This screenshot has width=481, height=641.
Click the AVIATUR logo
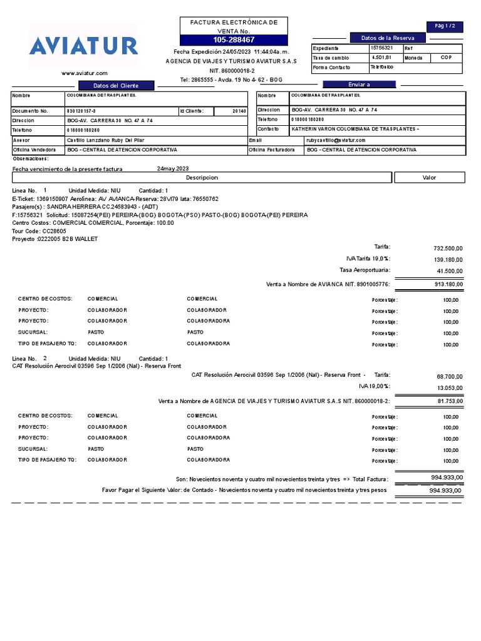[x=83, y=46]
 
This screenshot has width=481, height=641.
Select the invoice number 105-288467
[x=234, y=39]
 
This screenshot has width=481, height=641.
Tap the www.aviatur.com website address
[x=84, y=73]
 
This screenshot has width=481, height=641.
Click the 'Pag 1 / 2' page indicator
[x=445, y=26]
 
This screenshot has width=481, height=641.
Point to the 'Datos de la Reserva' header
[x=383, y=38]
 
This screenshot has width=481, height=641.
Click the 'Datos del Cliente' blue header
[x=115, y=85]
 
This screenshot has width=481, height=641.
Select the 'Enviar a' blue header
[x=359, y=85]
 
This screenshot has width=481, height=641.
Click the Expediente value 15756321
[x=381, y=48]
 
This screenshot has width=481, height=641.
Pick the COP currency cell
[x=446, y=58]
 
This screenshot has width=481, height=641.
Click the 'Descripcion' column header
[x=202, y=178]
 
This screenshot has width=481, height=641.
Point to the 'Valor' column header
[x=429, y=178]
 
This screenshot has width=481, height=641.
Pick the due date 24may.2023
[x=172, y=169]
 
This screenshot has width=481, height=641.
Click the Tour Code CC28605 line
[x=39, y=231]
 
